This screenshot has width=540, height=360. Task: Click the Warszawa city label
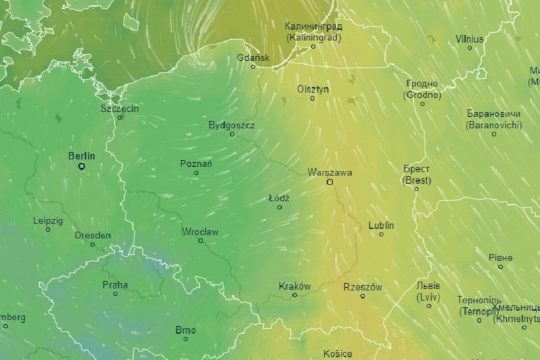coord(329,172)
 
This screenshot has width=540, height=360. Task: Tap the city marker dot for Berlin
coord(82,166)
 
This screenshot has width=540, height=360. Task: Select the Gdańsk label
coord(253,57)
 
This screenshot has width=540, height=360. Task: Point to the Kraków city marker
coord(294,295)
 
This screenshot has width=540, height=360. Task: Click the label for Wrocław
coord(200,232)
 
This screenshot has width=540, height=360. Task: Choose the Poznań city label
coord(196,163)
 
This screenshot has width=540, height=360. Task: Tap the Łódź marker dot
coord(279,207)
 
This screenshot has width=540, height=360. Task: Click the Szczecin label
coord(119,108)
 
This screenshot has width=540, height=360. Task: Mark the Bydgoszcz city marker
coord(232,134)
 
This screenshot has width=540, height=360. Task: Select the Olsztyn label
coord(313,89)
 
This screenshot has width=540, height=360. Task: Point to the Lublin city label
coord(381,225)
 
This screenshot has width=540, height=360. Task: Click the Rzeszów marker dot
coord(362,296)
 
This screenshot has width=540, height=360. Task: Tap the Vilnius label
coord(470,38)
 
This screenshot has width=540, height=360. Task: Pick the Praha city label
coord(115,284)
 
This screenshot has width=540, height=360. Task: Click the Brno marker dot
coord(186,338)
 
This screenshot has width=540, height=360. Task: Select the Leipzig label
coord(48,220)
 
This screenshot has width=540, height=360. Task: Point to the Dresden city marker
coord(93,244)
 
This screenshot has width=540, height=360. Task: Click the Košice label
coord(337,354)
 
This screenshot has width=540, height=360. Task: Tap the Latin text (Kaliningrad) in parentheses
coord(313,37)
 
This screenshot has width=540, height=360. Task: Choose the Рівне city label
coord(500,257)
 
